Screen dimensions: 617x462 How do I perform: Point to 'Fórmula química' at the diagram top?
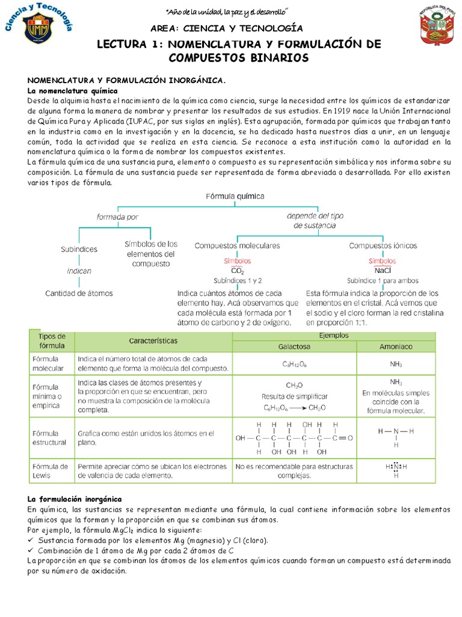point(235,196)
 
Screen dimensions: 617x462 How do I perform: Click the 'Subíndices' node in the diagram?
point(79,249)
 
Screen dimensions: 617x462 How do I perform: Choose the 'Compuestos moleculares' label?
point(237,246)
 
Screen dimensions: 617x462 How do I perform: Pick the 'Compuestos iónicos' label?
point(383,246)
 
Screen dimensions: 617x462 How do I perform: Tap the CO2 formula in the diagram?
point(238,272)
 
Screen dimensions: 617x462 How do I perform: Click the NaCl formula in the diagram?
point(383,271)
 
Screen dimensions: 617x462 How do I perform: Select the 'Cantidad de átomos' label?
point(79,293)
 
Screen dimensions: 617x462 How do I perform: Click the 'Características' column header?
point(153,340)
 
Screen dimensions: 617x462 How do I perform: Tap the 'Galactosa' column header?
point(294,347)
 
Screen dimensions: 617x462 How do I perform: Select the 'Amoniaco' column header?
point(396,347)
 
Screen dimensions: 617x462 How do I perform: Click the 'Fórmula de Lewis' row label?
point(51,471)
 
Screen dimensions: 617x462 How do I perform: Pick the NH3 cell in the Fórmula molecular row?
point(396,364)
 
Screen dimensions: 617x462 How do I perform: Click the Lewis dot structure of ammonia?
point(396,469)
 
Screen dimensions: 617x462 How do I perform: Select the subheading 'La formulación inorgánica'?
point(75,500)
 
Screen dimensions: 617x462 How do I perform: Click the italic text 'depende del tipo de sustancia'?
point(315,221)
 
